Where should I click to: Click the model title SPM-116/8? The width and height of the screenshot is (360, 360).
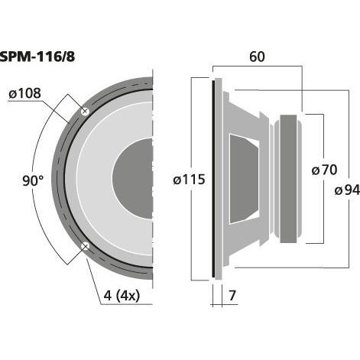click(37, 57)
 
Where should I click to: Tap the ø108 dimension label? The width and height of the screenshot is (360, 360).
click(24, 93)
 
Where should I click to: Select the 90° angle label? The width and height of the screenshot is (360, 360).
click(33, 180)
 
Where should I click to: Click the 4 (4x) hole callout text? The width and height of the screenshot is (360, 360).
click(122, 296)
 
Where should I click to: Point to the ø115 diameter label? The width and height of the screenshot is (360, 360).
click(189, 180)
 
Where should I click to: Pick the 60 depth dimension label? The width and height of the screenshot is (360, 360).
click(257, 57)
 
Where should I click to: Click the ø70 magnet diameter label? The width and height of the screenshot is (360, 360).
click(324, 170)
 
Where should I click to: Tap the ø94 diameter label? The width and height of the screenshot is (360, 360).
click(347, 190)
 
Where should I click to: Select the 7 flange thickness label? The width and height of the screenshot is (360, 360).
click(232, 296)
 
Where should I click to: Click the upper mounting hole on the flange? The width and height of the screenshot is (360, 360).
click(85, 112)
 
